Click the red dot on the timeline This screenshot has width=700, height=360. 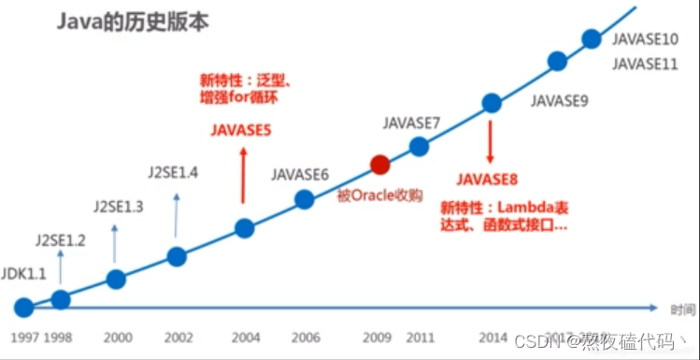[379, 166]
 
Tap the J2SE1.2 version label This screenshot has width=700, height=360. [61, 240]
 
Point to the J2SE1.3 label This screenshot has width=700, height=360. [118, 206]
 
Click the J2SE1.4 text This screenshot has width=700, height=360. [174, 172]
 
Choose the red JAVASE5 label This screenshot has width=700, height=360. [240, 132]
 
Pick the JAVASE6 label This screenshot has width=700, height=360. [300, 174]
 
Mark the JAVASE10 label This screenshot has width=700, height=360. [645, 39]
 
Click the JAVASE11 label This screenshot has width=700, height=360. [645, 64]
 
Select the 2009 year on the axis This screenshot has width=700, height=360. [379, 337]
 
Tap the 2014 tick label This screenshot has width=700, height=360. [492, 337]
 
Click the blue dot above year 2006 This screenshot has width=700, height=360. [304, 199]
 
